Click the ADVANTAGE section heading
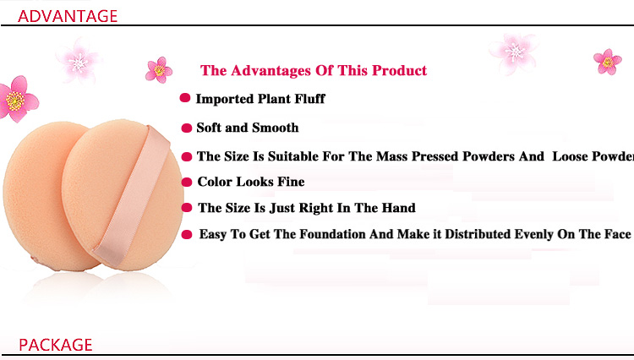[x=68, y=16]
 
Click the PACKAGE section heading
[x=56, y=345]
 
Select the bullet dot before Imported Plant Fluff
[x=185, y=98]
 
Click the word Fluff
[x=309, y=99]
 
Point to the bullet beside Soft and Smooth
[x=187, y=128]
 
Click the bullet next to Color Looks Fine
[x=187, y=183]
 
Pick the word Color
[x=215, y=182]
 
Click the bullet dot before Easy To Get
[x=187, y=234]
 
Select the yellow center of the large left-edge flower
[x=15, y=101]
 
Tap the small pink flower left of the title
[x=159, y=70]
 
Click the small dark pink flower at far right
[x=607, y=62]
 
